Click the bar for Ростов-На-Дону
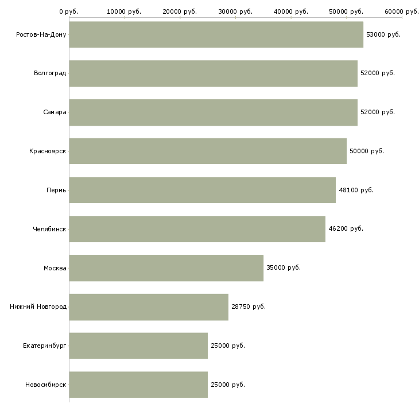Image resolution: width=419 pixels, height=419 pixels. click(216, 34)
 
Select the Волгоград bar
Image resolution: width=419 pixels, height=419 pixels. click(213, 73)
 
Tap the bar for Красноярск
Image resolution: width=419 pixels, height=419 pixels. click(208, 151)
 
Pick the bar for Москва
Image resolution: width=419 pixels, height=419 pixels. click(166, 268)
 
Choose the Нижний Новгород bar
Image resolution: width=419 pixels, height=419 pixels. click(149, 307)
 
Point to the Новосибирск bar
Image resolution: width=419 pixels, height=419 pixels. click(138, 385)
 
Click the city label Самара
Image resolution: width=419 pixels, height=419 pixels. click(55, 112)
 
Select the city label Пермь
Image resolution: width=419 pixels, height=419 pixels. click(56, 190)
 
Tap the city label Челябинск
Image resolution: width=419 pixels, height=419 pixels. click(49, 229)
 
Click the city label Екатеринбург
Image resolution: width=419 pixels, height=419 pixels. click(45, 346)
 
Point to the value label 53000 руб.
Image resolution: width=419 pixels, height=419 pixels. click(383, 34)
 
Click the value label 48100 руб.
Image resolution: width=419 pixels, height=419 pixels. click(356, 190)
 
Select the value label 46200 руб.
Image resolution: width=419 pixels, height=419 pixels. click(346, 228)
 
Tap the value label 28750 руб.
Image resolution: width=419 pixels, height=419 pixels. click(249, 307)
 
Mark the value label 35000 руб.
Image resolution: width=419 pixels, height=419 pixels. click(284, 267)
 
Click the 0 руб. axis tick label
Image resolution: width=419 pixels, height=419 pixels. click(69, 11)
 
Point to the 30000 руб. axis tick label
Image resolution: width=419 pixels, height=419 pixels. click(235, 11)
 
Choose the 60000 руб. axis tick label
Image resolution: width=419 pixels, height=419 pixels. click(402, 11)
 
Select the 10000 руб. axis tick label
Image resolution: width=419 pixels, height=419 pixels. click(124, 11)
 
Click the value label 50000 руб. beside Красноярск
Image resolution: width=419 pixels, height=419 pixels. click(367, 151)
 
